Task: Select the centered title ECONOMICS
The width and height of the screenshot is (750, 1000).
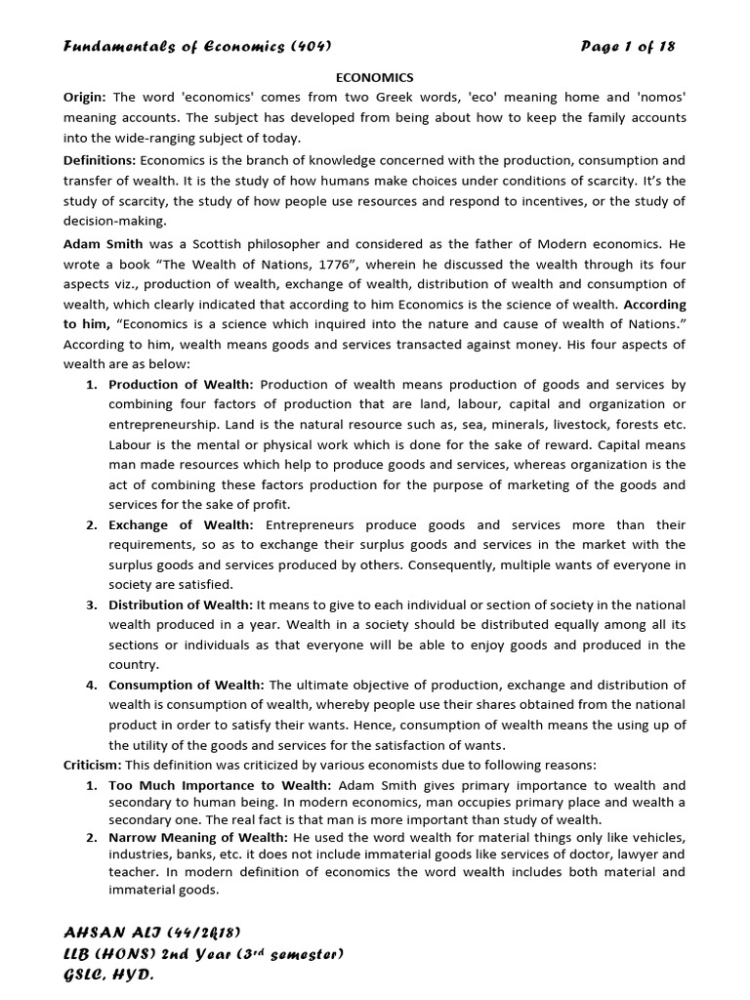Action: pos(375,77)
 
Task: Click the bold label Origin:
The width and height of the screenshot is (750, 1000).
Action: pos(86,97)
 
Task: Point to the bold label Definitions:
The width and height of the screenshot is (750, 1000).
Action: pos(101,159)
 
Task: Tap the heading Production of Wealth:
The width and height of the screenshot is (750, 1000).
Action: pos(182,384)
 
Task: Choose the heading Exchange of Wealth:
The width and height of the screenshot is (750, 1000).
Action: pos(177,524)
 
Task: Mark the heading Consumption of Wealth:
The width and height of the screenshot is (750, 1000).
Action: pos(187,685)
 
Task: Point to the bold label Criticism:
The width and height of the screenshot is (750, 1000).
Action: pos(93,764)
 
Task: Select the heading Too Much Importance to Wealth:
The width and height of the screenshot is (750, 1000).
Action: pos(221,785)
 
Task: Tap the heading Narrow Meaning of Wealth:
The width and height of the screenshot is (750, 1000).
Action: pos(199,838)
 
